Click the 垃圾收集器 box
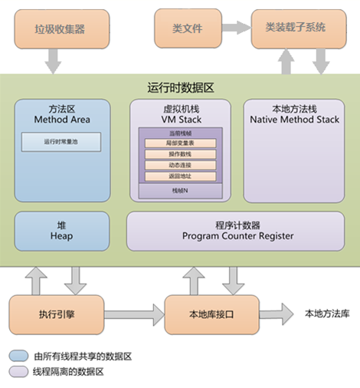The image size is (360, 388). pyautogui.click(x=60, y=28)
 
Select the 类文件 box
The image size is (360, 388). pyautogui.click(x=187, y=28)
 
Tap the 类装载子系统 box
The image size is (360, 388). pyautogui.click(x=296, y=28)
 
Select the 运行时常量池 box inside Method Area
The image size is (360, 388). pyautogui.click(x=62, y=141)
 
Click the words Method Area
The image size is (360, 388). pyautogui.click(x=61, y=120)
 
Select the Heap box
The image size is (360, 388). pyautogui.click(x=62, y=231)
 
